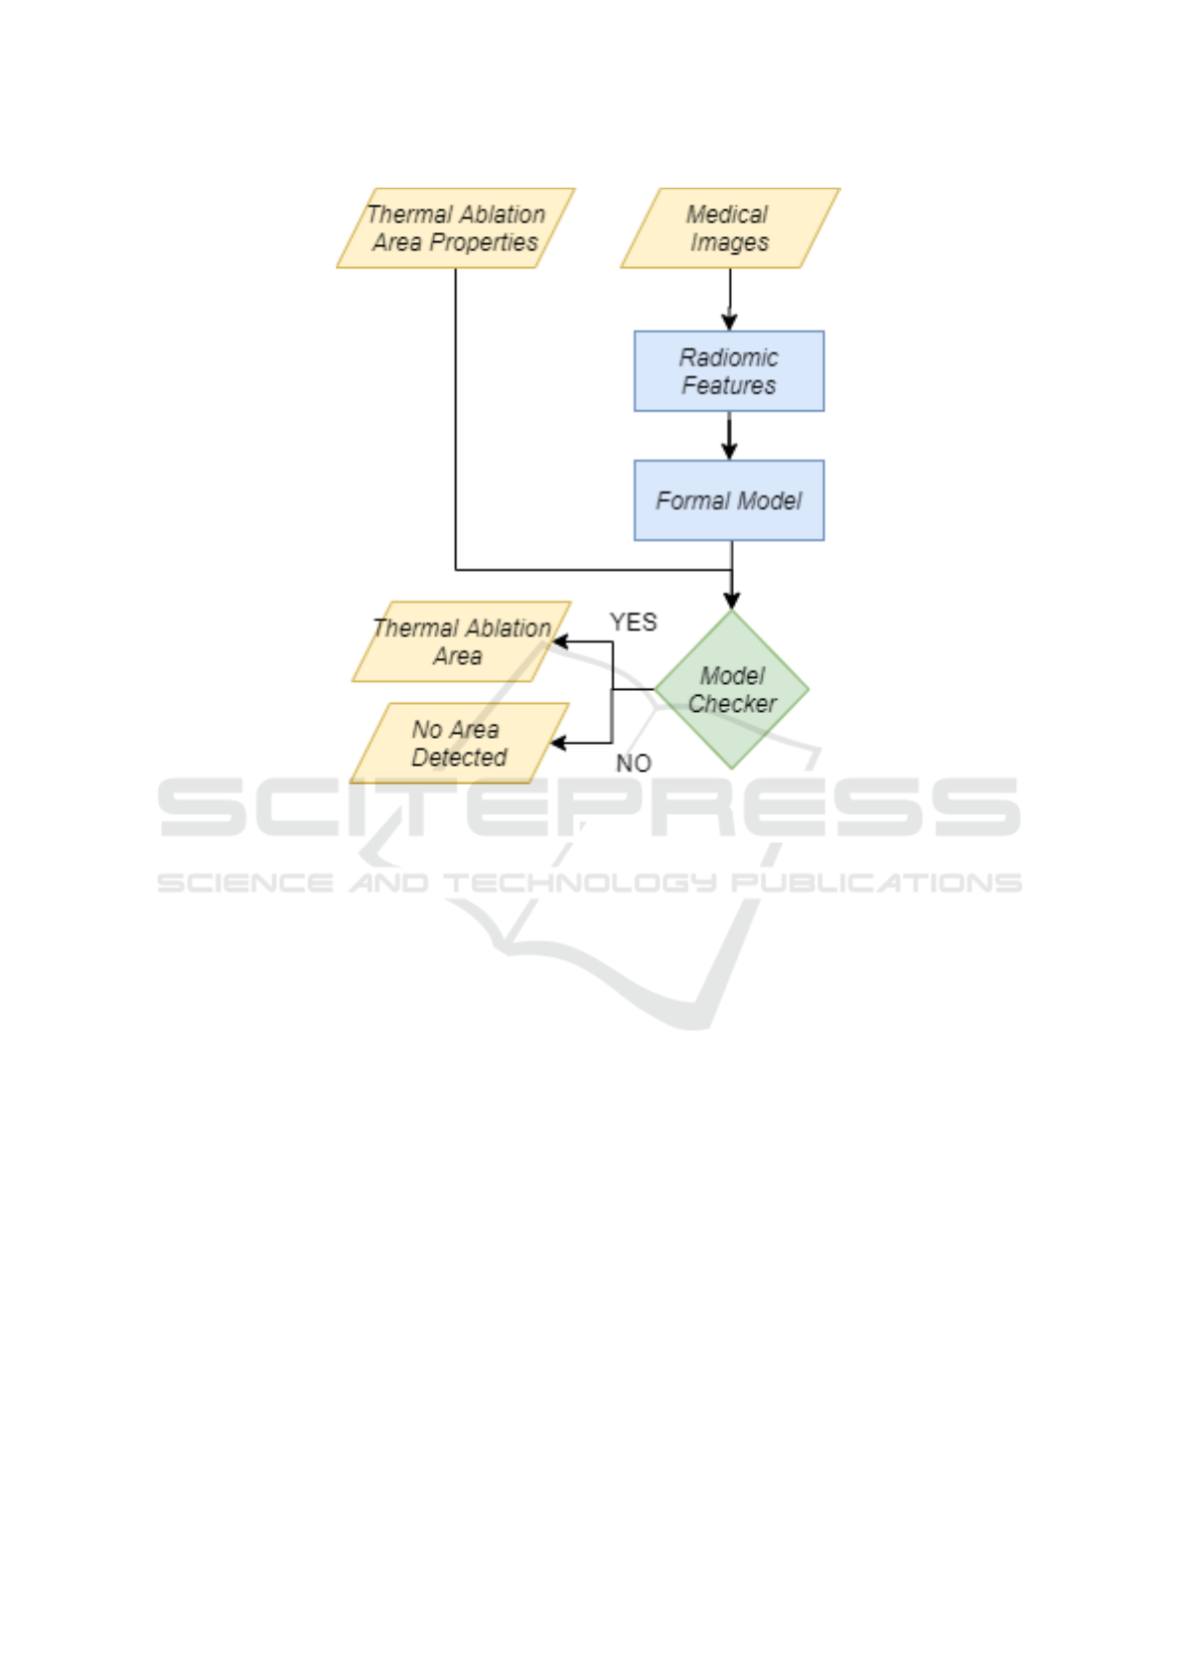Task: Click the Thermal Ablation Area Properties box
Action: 455,228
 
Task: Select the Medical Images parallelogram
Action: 729,228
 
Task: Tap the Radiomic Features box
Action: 729,371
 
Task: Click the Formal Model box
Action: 729,500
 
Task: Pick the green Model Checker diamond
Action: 732,689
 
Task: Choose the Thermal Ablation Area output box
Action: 461,641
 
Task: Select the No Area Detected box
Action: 459,743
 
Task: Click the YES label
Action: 633,623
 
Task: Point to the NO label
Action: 634,764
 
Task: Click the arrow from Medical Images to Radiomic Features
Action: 730,299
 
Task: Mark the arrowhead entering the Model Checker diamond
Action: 732,600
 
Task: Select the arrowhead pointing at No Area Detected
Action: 559,743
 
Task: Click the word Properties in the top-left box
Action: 484,243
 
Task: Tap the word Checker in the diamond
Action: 732,704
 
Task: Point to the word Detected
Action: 459,758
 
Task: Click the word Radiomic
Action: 729,357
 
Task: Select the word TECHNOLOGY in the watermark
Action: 579,883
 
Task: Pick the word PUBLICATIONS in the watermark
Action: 876,883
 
